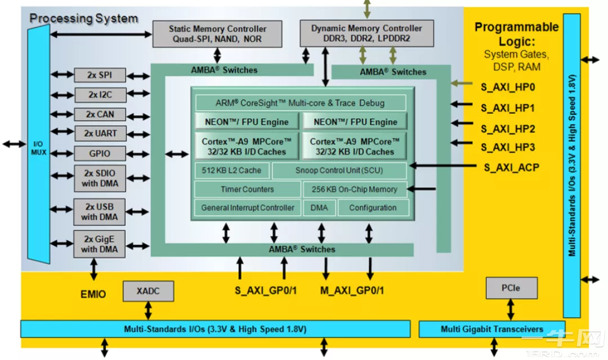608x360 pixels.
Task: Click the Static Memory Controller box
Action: click(217, 34)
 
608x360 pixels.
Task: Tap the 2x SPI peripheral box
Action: click(100, 75)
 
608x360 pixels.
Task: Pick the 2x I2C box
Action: click(100, 95)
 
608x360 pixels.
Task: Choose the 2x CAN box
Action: click(100, 114)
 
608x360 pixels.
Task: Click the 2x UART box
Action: click(100, 134)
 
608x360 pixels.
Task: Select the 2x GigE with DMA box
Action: click(100, 243)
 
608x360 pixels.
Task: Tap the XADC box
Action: click(148, 291)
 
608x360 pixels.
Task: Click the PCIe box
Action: click(511, 288)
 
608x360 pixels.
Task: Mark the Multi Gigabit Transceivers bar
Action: click(492, 329)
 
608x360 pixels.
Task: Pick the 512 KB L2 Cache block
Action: click(231, 170)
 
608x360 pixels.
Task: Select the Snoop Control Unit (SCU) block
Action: click(339, 170)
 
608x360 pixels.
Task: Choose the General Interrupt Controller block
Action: click(248, 207)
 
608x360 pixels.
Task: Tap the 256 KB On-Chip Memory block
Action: click(355, 189)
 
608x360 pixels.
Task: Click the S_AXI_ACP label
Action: click(511, 167)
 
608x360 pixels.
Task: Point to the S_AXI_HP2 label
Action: click(508, 128)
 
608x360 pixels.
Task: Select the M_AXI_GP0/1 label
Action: click(352, 291)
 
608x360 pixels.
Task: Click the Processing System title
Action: click(83, 18)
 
